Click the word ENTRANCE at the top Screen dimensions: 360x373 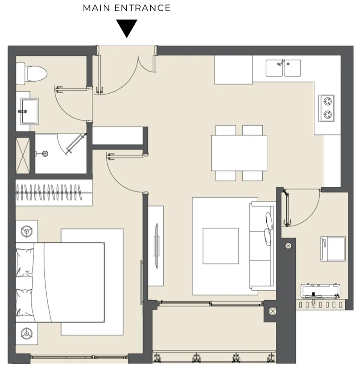[142, 8]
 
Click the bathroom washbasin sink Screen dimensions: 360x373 [29, 111]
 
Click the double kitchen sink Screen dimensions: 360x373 [283, 68]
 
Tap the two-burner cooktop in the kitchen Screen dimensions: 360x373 [326, 108]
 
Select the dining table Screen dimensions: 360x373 [239, 153]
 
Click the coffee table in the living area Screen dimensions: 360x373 [220, 246]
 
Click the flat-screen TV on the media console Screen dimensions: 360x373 [156, 246]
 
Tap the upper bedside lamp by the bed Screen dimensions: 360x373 [26, 231]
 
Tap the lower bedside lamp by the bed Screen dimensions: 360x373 [26, 333]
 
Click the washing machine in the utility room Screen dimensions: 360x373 [333, 249]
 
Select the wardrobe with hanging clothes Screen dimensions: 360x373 [54, 193]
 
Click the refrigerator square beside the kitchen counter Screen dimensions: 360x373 [233, 70]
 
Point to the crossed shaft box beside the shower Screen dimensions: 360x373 [23, 156]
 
